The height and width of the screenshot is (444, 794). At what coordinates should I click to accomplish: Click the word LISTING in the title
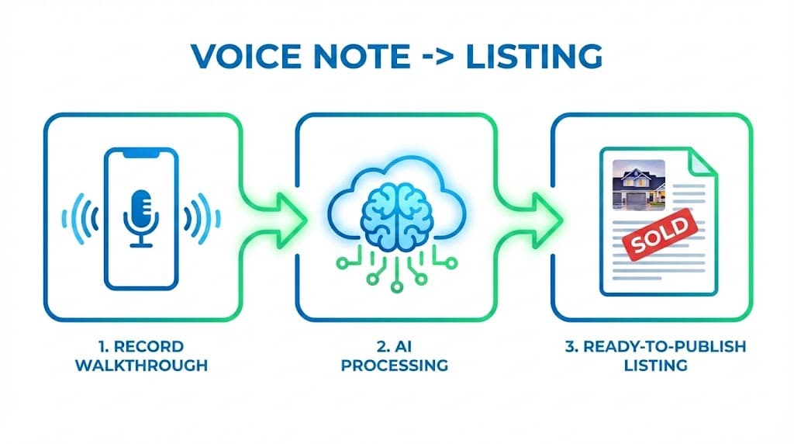[x=533, y=57]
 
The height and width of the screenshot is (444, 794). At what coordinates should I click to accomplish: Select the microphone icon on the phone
[x=141, y=217]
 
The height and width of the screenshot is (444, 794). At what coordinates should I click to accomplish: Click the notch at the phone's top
[x=141, y=154]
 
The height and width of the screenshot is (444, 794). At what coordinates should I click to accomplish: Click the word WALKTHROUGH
[x=141, y=364]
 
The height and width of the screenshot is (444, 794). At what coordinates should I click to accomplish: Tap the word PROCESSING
[x=396, y=364]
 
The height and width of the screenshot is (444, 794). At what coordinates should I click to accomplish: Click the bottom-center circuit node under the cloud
[x=397, y=286]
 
